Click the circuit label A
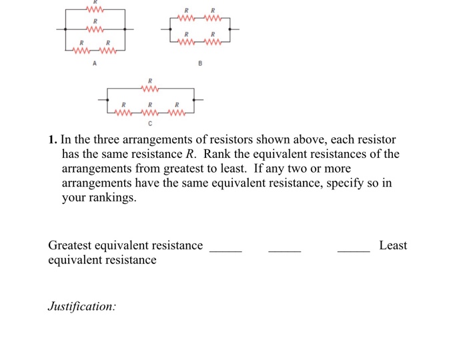[95, 63]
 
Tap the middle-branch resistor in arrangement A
[95, 29]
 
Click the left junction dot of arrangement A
[65, 29]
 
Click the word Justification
[81, 307]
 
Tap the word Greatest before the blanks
[69, 245]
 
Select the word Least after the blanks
[393, 245]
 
